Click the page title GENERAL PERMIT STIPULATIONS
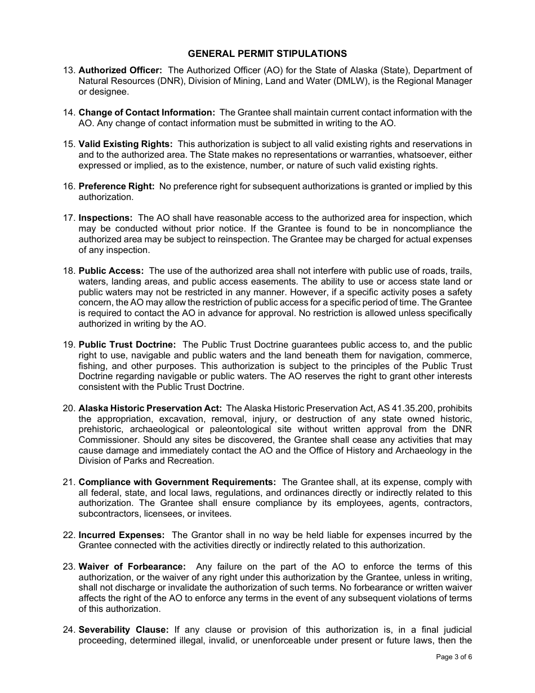[x=267, y=54]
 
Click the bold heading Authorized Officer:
[x=120, y=70]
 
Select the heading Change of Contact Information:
[x=146, y=113]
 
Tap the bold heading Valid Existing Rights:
[x=126, y=144]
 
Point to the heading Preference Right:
[x=116, y=186]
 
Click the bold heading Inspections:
[x=105, y=218]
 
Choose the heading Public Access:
[x=111, y=271]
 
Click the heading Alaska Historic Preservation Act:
[x=150, y=408]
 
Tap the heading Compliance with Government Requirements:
[x=177, y=482]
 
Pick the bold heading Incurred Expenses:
[x=121, y=535]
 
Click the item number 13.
[x=68, y=70]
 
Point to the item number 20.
[x=68, y=408]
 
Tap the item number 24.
[x=68, y=630]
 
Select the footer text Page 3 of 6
[x=454, y=657]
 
